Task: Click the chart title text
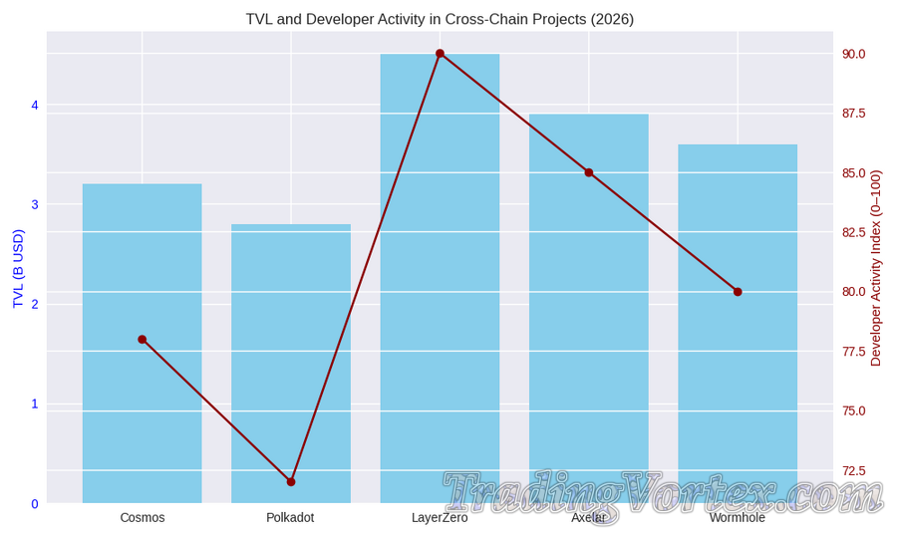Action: (440, 19)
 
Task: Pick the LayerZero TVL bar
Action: (440, 279)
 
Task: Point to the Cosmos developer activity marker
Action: (143, 340)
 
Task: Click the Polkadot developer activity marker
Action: (291, 482)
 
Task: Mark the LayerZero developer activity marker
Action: (440, 54)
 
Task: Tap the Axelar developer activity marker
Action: (589, 172)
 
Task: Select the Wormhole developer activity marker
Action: (738, 292)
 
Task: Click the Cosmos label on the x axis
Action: (143, 518)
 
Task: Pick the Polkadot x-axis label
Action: (290, 518)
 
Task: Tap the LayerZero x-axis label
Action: (440, 518)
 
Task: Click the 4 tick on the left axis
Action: (35, 106)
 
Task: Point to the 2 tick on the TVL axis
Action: (35, 305)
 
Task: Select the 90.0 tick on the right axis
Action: (854, 54)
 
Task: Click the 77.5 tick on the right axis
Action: (854, 352)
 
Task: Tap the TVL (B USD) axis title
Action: (18, 269)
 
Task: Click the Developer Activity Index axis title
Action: (876, 268)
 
